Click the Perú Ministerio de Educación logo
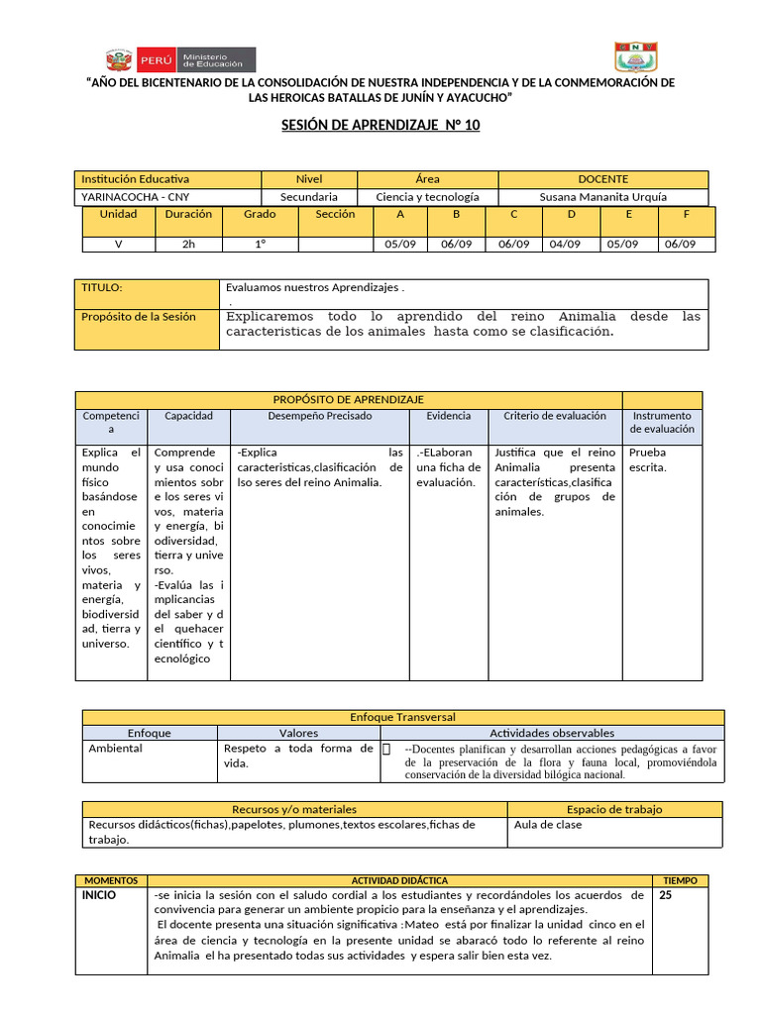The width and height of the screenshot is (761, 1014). point(180,59)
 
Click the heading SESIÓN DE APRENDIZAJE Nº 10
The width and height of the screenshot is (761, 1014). point(380,126)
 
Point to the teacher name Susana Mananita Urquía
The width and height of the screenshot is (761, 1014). point(602,197)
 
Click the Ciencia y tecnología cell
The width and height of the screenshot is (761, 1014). point(427,197)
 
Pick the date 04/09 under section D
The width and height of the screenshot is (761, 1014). point(565,245)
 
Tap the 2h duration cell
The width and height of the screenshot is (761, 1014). point(188,245)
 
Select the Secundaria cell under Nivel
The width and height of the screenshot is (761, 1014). point(308,197)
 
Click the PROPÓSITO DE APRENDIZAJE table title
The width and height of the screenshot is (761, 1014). point(348,398)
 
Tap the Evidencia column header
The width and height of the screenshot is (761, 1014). point(449,416)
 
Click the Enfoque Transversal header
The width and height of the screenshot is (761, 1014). point(401,716)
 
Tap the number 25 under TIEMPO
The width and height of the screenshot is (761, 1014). point(665,895)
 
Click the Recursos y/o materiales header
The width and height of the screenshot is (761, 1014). point(293,809)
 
